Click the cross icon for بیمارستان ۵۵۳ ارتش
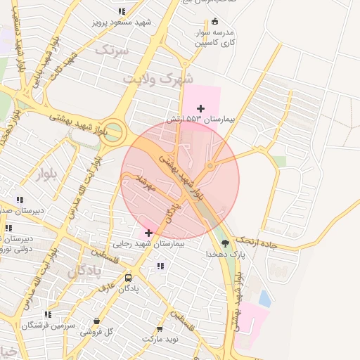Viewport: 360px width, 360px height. click(201, 108)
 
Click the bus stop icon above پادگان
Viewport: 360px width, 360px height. click(127, 278)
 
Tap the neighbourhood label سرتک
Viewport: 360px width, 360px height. click(112, 50)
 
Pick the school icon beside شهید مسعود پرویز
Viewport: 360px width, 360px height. click(122, 11)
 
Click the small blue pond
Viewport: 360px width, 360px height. click(265, 298)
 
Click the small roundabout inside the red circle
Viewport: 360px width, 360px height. click(210, 166)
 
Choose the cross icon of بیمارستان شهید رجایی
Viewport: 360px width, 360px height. click(148, 233)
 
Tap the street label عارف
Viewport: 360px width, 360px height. click(106, 287)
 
